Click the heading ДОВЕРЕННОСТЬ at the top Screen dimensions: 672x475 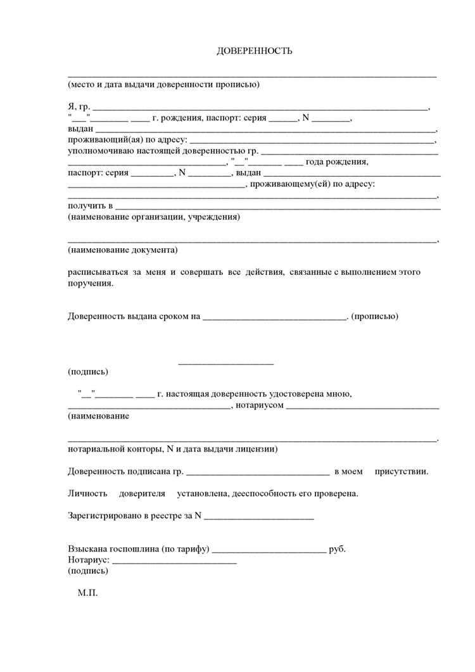click(255, 51)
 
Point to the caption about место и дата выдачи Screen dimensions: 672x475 click(163, 85)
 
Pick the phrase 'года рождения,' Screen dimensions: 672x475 click(337, 162)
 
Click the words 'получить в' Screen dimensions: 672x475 click(90, 206)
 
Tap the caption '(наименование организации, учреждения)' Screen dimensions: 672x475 click(154, 217)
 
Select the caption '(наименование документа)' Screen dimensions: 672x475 click(123, 250)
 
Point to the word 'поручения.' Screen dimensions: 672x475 click(91, 283)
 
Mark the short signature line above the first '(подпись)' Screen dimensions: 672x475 click(226, 364)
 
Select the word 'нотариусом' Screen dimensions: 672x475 click(260, 405)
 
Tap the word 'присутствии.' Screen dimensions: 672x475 click(401, 471)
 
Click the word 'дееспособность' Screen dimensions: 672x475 click(265, 493)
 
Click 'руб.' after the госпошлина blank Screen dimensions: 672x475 click(338, 548)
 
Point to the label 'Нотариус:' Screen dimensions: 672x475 click(89, 560)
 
